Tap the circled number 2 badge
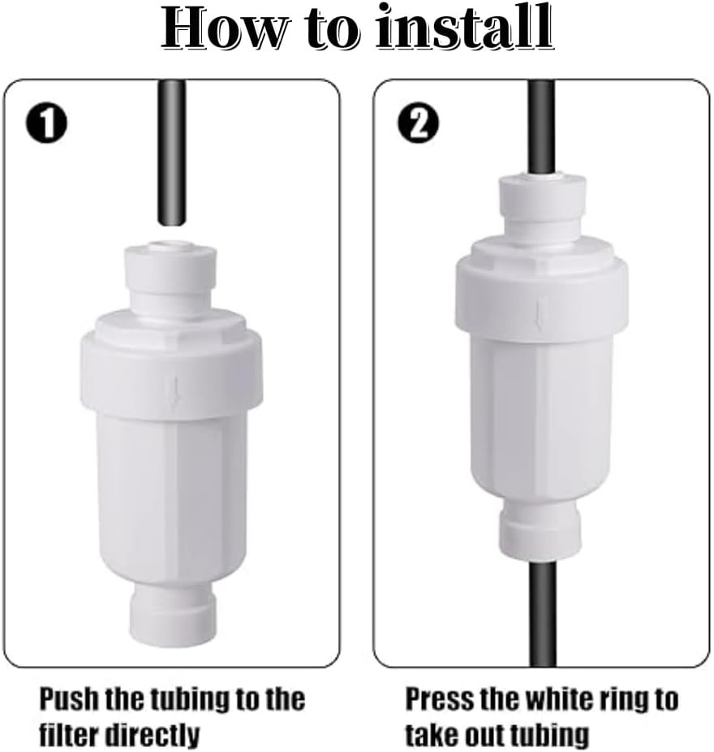point(419,123)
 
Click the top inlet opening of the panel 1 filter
point(171,244)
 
